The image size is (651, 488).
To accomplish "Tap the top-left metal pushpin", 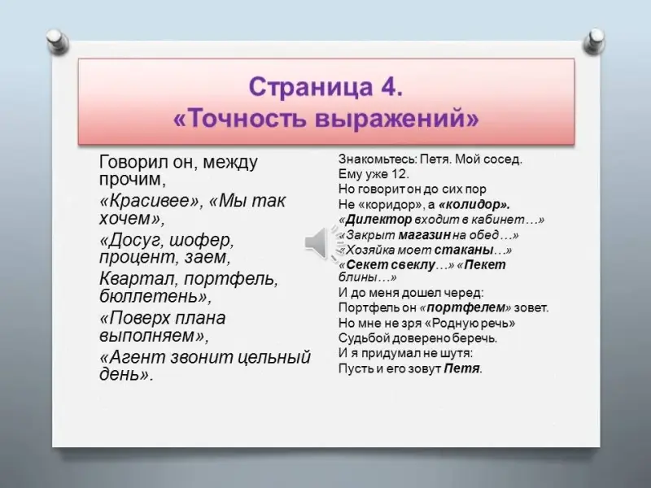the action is coord(58,41).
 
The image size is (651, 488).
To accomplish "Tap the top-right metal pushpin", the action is coord(593,41).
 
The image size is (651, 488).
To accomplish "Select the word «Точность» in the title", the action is coord(249,119).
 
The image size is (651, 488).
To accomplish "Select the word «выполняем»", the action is coord(147,335).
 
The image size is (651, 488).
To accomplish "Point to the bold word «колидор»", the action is coord(474,204).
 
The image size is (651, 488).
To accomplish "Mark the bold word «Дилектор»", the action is coord(378,219).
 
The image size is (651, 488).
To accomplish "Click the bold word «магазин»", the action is coord(424,235).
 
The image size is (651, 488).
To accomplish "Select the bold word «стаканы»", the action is coord(464,251).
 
